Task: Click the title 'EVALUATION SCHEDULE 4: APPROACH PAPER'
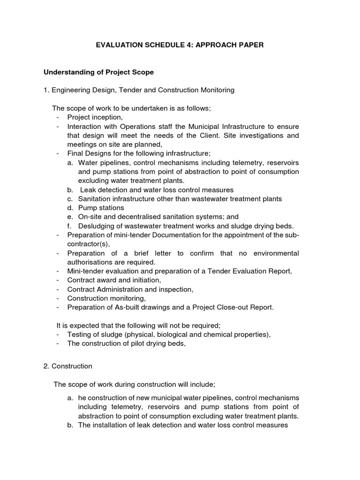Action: pos(180,45)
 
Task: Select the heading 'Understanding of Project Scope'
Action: pos(98,73)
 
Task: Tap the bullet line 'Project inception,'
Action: pos(95,117)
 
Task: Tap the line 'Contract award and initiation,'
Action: pos(114,280)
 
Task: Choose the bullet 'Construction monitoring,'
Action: pos(106,298)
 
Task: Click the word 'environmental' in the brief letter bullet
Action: pos(276,253)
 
